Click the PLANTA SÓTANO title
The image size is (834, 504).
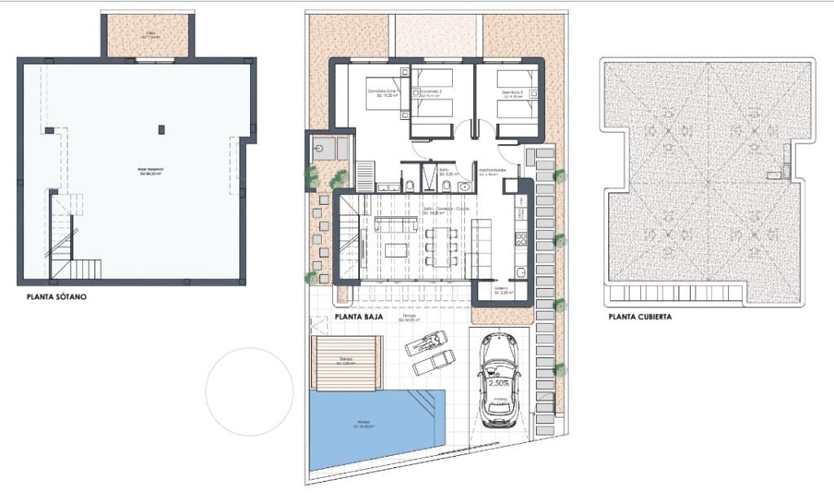57,298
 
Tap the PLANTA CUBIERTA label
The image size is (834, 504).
640,316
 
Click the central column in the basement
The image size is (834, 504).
161,129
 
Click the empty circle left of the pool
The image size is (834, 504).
249,391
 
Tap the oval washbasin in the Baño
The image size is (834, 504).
464,186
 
